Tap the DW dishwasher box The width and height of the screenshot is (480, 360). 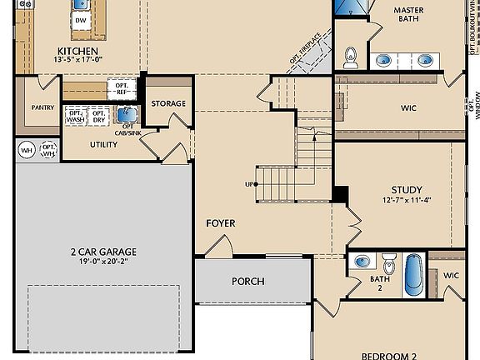pyautogui.click(x=81, y=20)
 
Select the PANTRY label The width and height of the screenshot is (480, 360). pyautogui.click(x=42, y=107)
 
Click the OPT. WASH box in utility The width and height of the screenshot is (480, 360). pyautogui.click(x=76, y=117)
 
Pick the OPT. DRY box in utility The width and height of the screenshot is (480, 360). pyautogui.click(x=99, y=117)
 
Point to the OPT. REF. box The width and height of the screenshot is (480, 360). pyautogui.click(x=121, y=88)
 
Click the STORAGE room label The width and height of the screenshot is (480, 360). pyautogui.click(x=168, y=104)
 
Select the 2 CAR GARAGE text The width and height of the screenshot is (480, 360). pyautogui.click(x=103, y=252)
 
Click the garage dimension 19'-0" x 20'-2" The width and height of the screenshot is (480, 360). pyautogui.click(x=103, y=262)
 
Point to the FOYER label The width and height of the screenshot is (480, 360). pyautogui.click(x=221, y=223)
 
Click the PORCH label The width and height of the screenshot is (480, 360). pyautogui.click(x=247, y=281)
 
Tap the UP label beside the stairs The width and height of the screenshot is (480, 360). pyautogui.click(x=248, y=184)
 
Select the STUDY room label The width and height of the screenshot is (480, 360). pyautogui.click(x=407, y=190)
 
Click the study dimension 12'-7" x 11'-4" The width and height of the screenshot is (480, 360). pyautogui.click(x=407, y=201)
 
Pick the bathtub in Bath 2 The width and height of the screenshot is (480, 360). pyautogui.click(x=414, y=274)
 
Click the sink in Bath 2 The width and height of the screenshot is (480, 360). pyautogui.click(x=361, y=261)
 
